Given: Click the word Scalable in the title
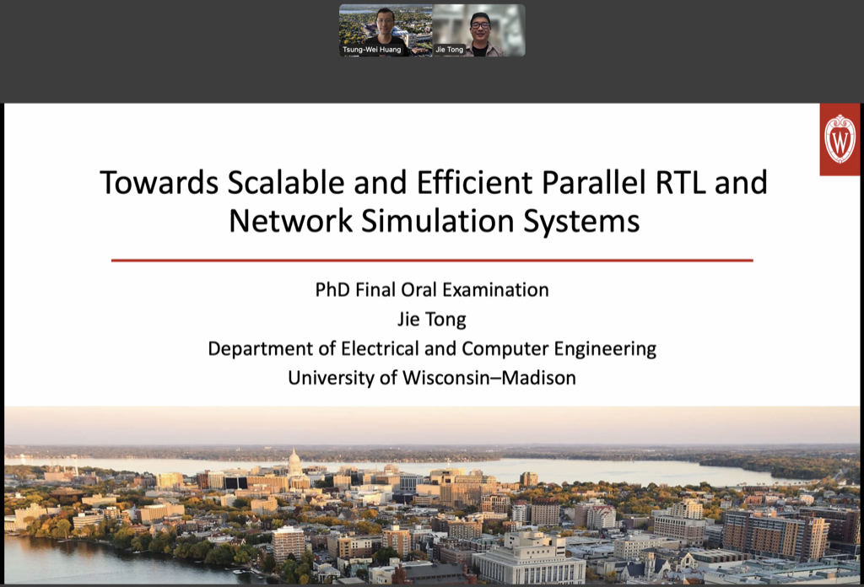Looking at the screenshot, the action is [x=286, y=183].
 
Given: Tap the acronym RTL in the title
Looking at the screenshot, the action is [x=681, y=183].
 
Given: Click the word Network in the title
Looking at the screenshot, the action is [x=290, y=221].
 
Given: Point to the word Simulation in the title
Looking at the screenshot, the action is [x=438, y=221].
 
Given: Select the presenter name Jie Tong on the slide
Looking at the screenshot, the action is [x=432, y=320].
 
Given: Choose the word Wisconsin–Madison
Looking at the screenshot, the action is [x=489, y=378].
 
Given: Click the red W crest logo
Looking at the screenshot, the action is [x=840, y=139].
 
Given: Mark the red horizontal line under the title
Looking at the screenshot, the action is [x=432, y=260].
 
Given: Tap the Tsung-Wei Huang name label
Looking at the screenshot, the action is [x=372, y=50].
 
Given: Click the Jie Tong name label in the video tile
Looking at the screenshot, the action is [x=450, y=50].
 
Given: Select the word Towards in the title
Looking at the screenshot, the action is [x=159, y=183].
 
